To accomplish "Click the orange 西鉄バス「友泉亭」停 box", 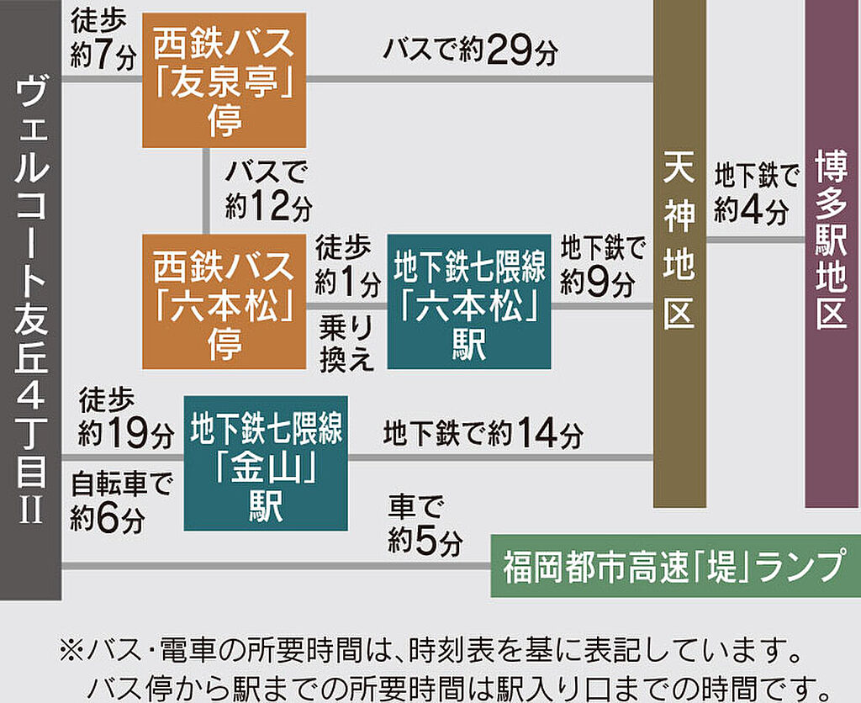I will [x=224, y=80].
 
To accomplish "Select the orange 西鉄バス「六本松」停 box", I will [x=224, y=302].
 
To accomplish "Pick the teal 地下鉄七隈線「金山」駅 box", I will [x=266, y=463].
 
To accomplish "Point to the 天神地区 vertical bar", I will [x=680, y=252].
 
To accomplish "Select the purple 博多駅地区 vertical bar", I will [x=832, y=252].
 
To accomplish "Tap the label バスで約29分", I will [x=470, y=51].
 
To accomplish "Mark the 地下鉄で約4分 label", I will [x=753, y=193].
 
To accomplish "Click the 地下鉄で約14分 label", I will [x=483, y=435].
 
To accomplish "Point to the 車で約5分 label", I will [x=425, y=525].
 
